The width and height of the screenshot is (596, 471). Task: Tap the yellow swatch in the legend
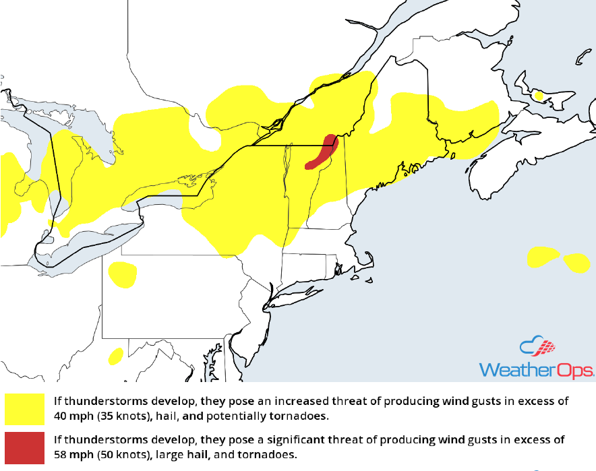tap(24, 408)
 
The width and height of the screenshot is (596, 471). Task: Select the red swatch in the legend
tap(24, 447)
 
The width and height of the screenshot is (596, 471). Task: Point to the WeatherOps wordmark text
tap(536, 370)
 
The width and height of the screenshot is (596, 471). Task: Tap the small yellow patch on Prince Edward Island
tap(538, 96)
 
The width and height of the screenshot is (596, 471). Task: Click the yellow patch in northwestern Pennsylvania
tap(122, 274)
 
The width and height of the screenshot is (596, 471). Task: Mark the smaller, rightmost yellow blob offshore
tap(576, 262)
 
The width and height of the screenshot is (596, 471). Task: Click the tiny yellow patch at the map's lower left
tap(115, 354)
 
